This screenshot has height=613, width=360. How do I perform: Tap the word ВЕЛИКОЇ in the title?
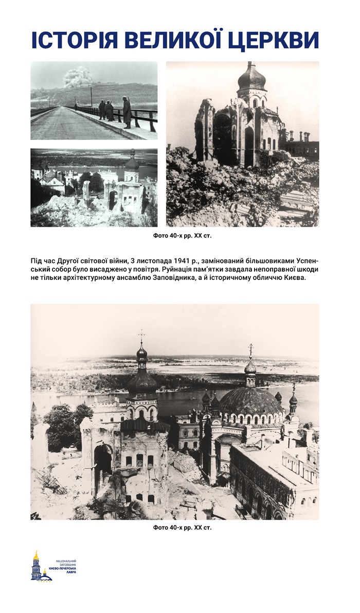pos(181,40)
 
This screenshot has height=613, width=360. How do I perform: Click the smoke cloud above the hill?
pos(78,77)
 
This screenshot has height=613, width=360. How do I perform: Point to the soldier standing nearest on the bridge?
pos(127,112)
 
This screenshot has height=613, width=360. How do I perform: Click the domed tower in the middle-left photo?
pos(132,165)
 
